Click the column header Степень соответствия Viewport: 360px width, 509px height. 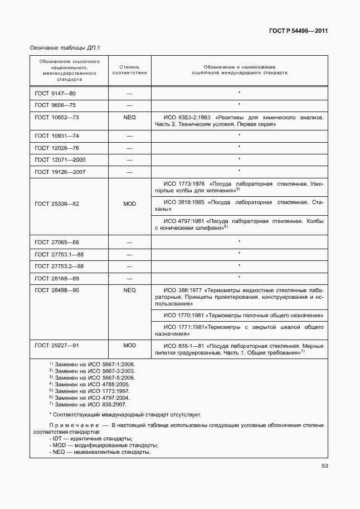click(129, 69)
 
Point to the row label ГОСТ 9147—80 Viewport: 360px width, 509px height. click(55, 93)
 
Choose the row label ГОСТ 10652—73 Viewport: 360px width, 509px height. click(57, 118)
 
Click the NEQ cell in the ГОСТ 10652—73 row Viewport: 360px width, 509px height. click(129, 118)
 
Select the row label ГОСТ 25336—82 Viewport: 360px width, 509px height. click(57, 204)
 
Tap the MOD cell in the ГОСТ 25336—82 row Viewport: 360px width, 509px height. click(129, 204)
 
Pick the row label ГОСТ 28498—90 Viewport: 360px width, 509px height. click(57, 290)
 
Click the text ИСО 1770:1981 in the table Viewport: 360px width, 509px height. click(183, 316)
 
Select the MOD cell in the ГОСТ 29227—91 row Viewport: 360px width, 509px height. click(129, 346)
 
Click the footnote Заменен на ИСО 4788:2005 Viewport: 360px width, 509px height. click(91, 384)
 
